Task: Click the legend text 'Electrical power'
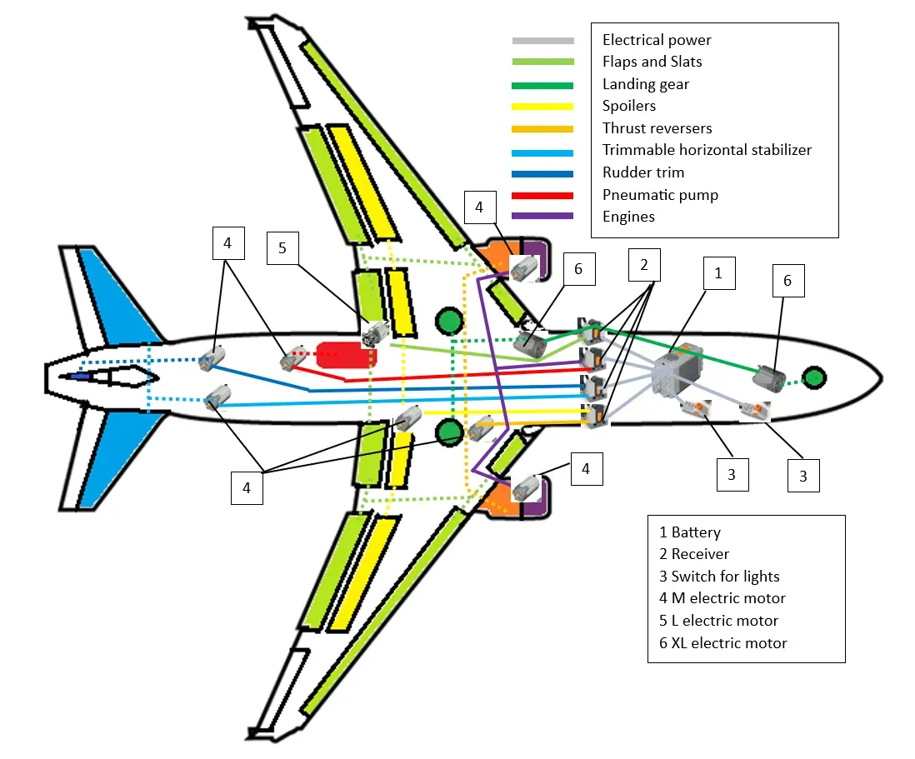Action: click(x=657, y=40)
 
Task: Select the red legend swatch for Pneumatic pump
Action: click(x=542, y=195)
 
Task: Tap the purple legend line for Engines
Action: click(x=542, y=217)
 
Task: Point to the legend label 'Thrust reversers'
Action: click(x=657, y=128)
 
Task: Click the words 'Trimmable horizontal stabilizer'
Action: click(x=707, y=150)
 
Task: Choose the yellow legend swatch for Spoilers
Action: click(x=542, y=107)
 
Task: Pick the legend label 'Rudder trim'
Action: click(x=642, y=172)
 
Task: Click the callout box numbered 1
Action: click(x=717, y=272)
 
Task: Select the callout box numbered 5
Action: click(x=282, y=248)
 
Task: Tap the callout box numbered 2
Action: click(x=642, y=265)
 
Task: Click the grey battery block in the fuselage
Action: click(x=677, y=370)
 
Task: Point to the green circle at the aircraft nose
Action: click(x=814, y=377)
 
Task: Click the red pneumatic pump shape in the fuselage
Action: click(x=344, y=356)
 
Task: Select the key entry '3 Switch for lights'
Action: click(x=719, y=577)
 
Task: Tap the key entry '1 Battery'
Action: click(x=690, y=532)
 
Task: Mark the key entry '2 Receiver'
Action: click(x=694, y=554)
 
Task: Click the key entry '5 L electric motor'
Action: click(x=718, y=621)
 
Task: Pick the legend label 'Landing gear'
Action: click(x=646, y=84)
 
